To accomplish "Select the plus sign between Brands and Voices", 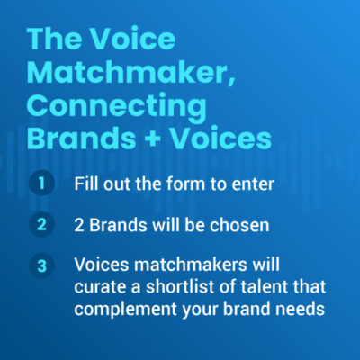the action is pyautogui.click(x=153, y=139).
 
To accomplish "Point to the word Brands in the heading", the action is pyautogui.click(x=81, y=138).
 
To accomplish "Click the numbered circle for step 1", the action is pyautogui.click(x=41, y=183).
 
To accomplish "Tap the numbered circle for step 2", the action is pyautogui.click(x=41, y=224).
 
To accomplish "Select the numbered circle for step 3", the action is pyautogui.click(x=41, y=265).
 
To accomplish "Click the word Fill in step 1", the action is pyautogui.click(x=86, y=184).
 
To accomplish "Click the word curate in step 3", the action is pyautogui.click(x=102, y=287).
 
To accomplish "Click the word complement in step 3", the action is pyautogui.click(x=125, y=310).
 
